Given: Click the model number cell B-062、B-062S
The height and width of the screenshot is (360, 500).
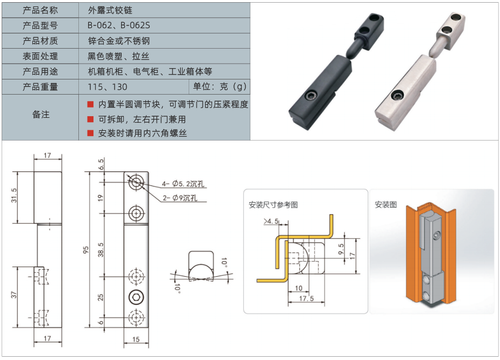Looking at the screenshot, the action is coord(118,25).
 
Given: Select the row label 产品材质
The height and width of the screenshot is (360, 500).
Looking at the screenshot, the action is coord(40,41).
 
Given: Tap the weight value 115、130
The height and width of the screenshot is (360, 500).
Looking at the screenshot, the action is coord(108,86).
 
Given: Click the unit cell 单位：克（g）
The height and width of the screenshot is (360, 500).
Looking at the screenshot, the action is coord(219,86).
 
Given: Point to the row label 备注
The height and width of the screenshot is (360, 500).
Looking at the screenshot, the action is coord(41,115).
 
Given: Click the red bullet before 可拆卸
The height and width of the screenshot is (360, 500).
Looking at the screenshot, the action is coord(90,119).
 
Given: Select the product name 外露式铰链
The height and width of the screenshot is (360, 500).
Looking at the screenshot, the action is coord(110,10).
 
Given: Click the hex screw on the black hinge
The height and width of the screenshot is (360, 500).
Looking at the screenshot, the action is coord(311,96).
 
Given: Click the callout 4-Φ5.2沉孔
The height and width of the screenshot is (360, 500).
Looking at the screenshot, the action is coord(183,184).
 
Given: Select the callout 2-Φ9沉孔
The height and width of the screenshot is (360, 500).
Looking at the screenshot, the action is coord(180,198).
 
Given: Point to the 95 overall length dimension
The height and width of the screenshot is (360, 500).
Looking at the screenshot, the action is coord(85,250).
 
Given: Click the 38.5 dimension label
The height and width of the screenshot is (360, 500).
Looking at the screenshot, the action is coord(101,250).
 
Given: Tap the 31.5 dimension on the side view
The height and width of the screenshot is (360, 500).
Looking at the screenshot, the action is coord(14,195).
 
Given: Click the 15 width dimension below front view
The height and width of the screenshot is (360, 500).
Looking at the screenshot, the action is coord(136,339).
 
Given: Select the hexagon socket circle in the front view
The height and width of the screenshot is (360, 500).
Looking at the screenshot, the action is coord(136,297).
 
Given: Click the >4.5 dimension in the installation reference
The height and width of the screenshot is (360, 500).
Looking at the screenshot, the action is coord(271,221).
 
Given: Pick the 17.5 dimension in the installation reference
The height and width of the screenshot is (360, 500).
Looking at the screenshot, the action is coord(306,298).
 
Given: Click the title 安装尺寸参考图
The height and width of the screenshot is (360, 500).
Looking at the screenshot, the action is coord(273,205).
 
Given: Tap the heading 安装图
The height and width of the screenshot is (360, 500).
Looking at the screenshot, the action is coord(385,204).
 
